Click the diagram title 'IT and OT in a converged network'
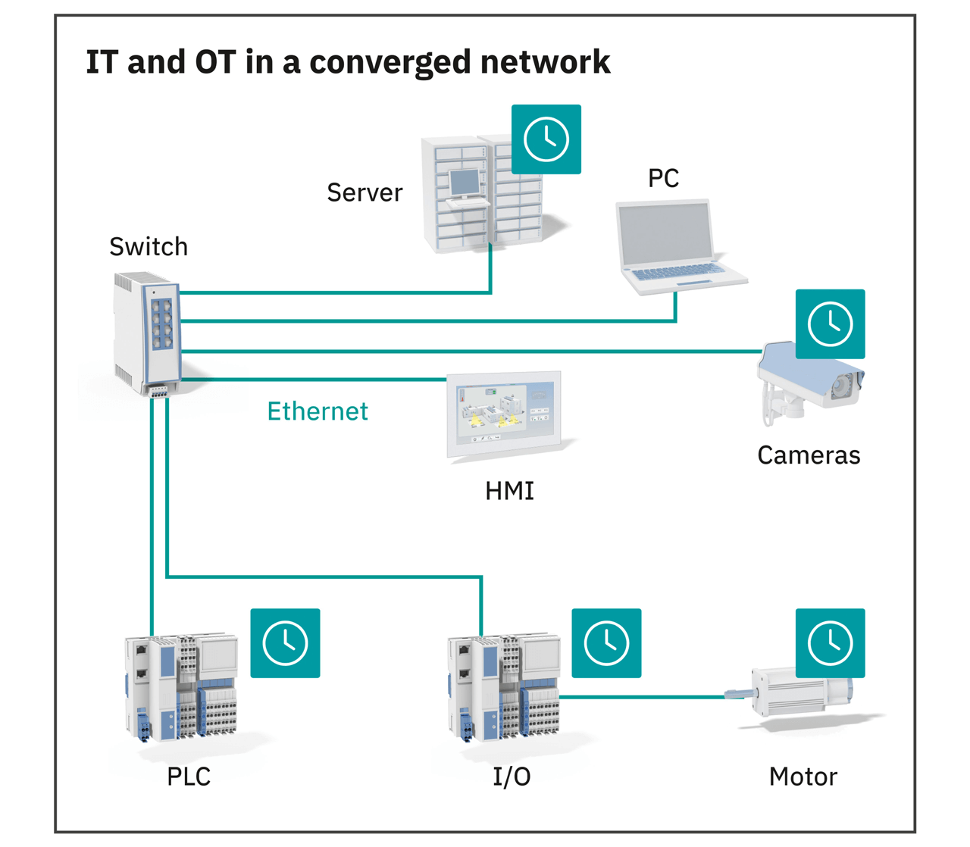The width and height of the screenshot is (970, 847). pyautogui.click(x=348, y=62)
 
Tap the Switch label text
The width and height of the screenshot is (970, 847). pyautogui.click(x=149, y=247)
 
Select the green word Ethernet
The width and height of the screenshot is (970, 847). pyautogui.click(x=318, y=411)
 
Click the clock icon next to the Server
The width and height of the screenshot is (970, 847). pyautogui.click(x=546, y=139)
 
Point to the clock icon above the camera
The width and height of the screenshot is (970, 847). pyautogui.click(x=830, y=324)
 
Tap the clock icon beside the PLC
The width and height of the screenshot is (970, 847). pyautogui.click(x=285, y=643)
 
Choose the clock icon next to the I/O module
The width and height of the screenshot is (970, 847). pyautogui.click(x=606, y=643)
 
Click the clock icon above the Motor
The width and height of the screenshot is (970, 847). pyautogui.click(x=830, y=643)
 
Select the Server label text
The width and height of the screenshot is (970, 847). pyautogui.click(x=365, y=193)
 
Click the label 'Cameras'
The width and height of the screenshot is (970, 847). pyautogui.click(x=809, y=455)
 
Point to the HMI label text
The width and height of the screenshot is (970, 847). pyautogui.click(x=509, y=491)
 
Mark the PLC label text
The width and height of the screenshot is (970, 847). pyautogui.click(x=189, y=777)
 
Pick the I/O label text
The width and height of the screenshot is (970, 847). pyautogui.click(x=512, y=777)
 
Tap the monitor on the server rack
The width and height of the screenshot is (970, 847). pyautogui.click(x=465, y=183)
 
